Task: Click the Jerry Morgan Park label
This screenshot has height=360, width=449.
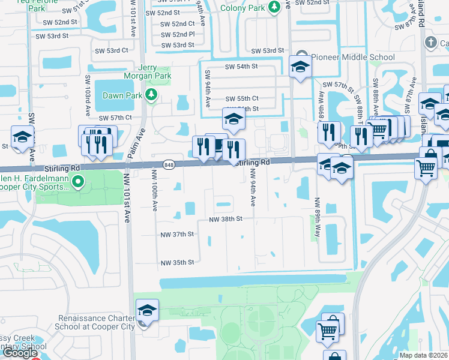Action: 147,71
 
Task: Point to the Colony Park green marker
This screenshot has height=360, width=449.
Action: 274,7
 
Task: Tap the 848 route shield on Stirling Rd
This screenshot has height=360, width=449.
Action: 168,164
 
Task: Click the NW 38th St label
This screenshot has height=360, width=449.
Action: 225,220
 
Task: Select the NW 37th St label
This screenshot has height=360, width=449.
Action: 178,234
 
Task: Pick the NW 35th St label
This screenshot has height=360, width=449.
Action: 178,263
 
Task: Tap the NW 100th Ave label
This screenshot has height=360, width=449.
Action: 154,190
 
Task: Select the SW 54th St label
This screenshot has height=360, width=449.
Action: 241,67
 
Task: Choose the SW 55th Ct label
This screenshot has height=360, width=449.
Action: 242,98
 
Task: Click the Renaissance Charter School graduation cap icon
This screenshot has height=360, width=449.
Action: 147,310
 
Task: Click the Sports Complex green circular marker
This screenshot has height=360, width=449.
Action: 76,180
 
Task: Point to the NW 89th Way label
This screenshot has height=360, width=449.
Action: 316,222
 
